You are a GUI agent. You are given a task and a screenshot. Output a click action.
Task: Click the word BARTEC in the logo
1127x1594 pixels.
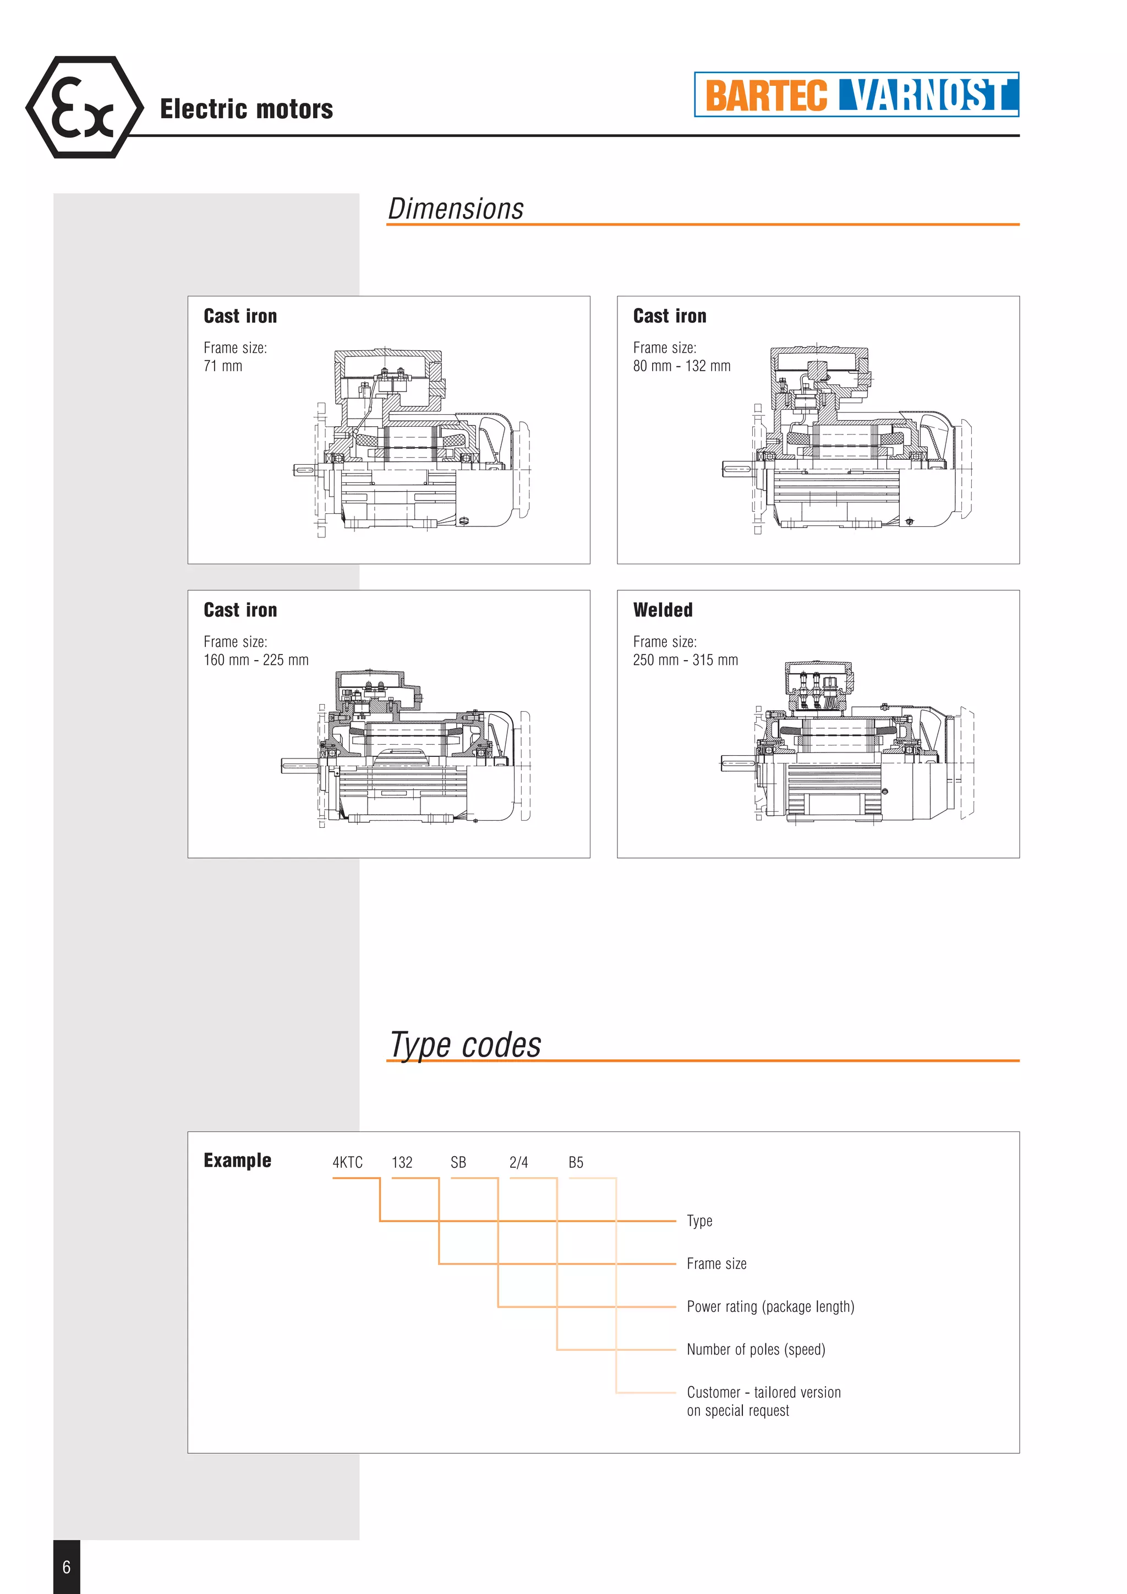[766, 95]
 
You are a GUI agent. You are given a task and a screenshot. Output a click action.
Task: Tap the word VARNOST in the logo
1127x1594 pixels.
[928, 95]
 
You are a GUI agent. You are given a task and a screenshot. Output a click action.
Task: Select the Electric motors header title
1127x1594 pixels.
[247, 109]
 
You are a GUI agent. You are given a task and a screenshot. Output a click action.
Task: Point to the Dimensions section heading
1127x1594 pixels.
[456, 209]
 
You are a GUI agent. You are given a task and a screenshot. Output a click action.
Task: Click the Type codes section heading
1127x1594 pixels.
[465, 1045]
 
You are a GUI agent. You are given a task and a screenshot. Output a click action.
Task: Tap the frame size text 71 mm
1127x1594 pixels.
[223, 366]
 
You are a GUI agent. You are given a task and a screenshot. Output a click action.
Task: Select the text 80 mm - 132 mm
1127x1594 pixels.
[681, 366]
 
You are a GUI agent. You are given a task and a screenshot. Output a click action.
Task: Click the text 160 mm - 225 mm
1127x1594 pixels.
[255, 660]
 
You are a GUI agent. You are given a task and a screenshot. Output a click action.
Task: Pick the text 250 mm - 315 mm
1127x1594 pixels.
[685, 660]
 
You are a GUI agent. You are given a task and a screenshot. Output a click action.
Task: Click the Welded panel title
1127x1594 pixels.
[663, 610]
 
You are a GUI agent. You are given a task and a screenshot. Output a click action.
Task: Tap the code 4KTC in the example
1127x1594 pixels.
[347, 1162]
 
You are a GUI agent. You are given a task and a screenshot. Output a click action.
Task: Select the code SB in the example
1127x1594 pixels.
[458, 1162]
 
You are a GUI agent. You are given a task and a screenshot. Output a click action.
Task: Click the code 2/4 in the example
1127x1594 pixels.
[518, 1162]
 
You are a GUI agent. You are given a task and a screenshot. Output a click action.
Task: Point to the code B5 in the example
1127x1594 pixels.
[576, 1162]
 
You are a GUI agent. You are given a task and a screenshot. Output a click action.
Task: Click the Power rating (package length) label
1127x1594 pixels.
[770, 1306]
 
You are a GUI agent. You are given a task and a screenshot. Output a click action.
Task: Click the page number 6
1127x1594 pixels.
[67, 1566]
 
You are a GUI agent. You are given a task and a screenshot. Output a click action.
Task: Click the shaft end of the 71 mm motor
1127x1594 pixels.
[304, 470]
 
